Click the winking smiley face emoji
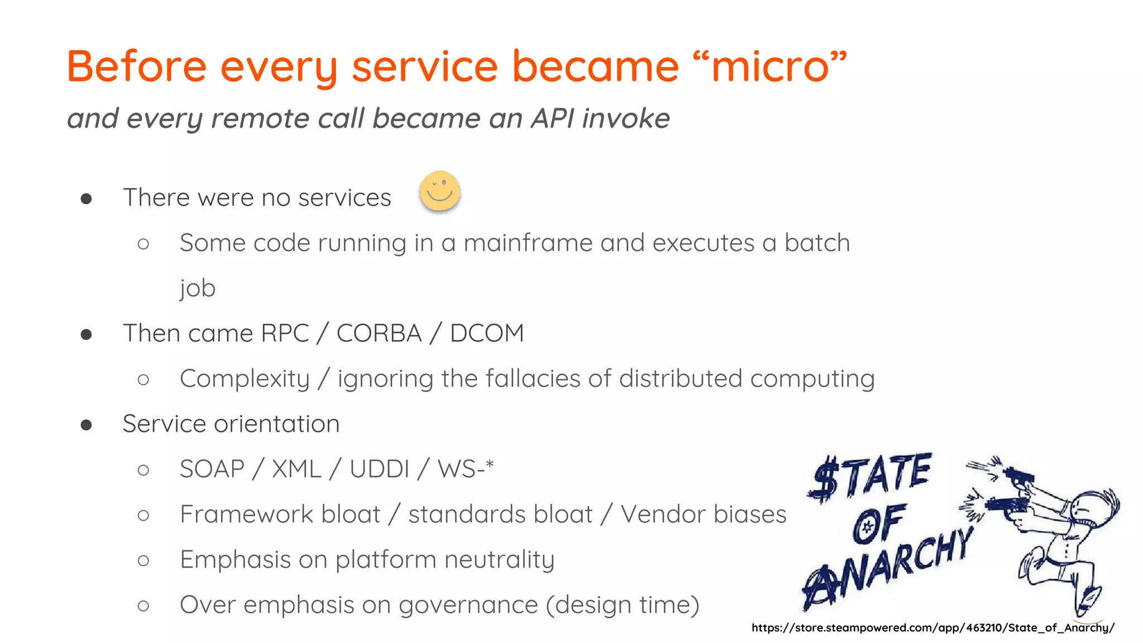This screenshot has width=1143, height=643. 440,191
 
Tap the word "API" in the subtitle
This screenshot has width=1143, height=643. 553,118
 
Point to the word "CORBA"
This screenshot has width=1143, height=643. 379,333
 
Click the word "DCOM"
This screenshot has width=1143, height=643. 487,333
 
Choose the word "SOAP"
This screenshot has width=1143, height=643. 212,469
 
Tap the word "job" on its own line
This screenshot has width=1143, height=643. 198,289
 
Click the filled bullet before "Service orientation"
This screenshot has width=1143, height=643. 86,425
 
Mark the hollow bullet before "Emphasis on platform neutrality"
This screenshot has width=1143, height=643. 143,560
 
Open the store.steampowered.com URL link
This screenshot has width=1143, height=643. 933,628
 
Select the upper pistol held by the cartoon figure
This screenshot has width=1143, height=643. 1019,476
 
